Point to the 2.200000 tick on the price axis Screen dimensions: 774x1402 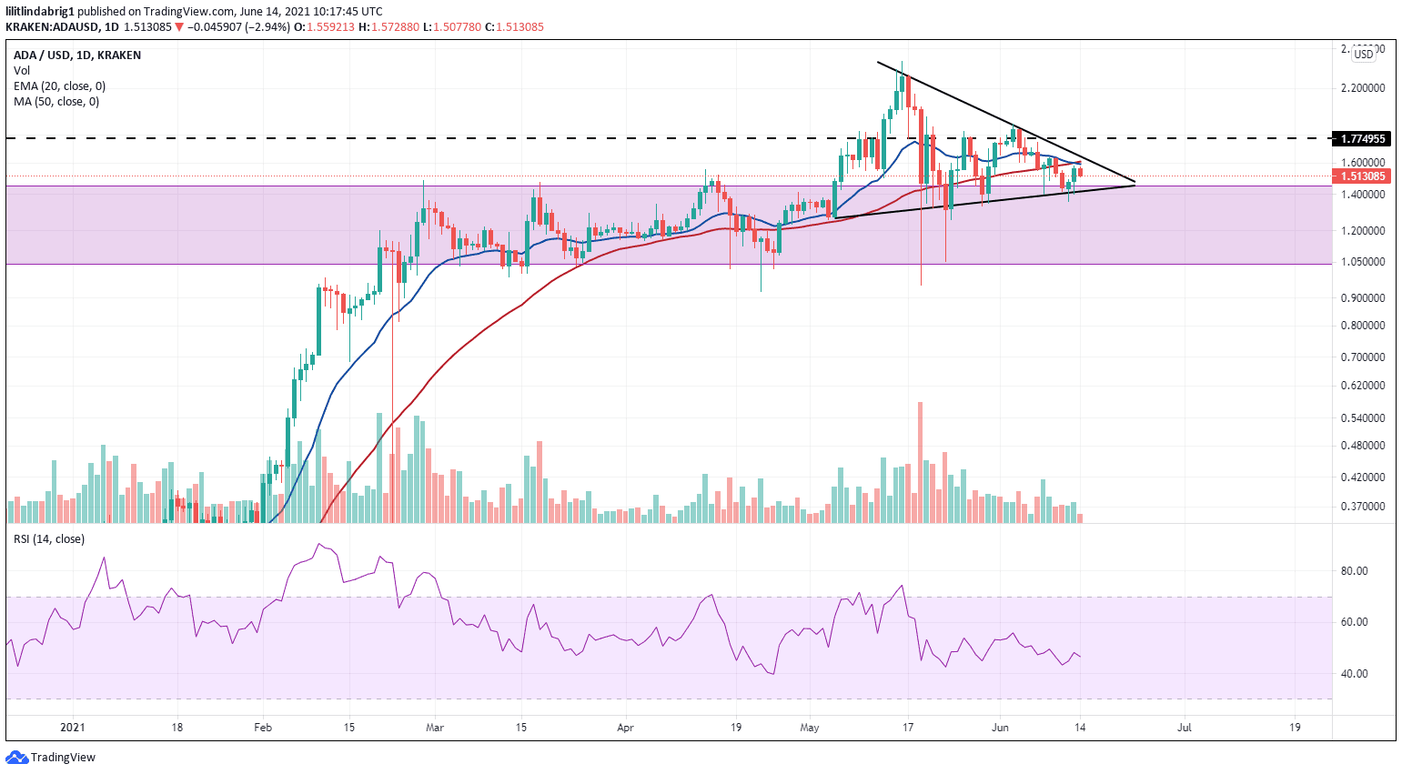tap(1363, 88)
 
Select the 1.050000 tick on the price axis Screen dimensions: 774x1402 tap(1363, 262)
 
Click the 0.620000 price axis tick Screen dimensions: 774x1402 tap(1363, 386)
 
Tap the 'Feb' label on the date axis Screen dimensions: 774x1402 tap(263, 728)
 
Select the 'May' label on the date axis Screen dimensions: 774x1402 tap(810, 728)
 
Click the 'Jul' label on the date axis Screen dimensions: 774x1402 tap(1185, 728)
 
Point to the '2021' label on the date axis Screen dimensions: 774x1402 tap(72, 728)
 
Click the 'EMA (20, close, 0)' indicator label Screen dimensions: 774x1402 tap(59, 86)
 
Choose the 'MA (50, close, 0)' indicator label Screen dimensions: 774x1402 tap(56, 102)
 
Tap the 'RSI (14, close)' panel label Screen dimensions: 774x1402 tap(49, 539)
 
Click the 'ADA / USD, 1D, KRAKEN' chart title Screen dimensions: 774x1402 tap(77, 55)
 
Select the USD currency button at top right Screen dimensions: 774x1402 tap(1363, 55)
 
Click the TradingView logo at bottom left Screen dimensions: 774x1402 tap(51, 757)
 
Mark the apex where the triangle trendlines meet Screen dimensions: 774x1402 tap(1135, 184)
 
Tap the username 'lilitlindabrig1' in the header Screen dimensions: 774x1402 tap(40, 12)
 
